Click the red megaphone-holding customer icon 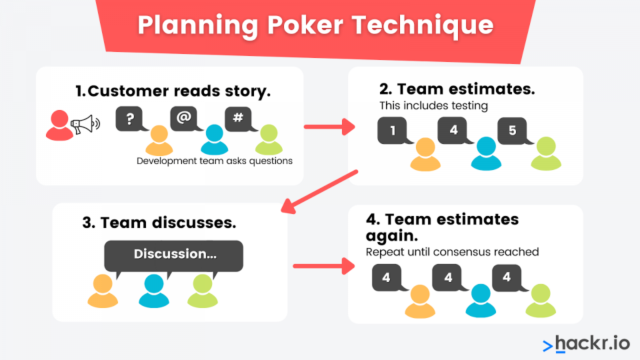(x=59, y=126)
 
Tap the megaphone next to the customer (x=85, y=124)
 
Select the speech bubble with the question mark (x=131, y=119)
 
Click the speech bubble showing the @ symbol (x=185, y=119)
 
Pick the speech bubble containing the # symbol (x=240, y=119)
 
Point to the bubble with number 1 (x=394, y=131)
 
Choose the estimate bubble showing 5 (x=514, y=131)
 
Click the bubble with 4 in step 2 (x=454, y=131)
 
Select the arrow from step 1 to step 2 (x=329, y=127)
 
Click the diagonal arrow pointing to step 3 (x=319, y=191)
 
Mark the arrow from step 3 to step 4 (x=324, y=267)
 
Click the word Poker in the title (x=305, y=25)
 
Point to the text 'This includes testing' (x=433, y=106)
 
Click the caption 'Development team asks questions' (x=214, y=161)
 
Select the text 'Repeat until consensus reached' (x=452, y=252)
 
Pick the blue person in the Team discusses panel (x=154, y=291)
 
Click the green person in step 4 (x=541, y=301)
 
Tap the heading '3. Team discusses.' (x=159, y=223)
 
